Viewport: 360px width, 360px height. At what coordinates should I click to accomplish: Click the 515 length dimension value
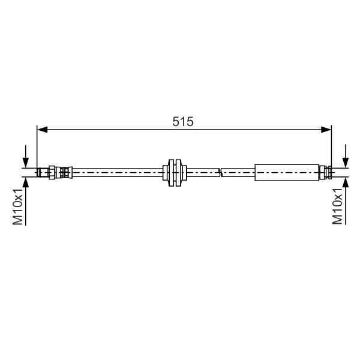183,121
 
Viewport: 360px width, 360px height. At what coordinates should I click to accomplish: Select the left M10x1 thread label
17,206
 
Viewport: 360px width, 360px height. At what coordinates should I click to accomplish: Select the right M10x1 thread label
337,206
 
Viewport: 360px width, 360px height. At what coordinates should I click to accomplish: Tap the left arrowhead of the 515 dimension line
42,130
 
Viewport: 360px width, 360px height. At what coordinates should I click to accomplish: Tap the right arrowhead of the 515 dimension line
326,130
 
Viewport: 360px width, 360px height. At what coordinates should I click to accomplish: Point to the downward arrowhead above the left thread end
25,163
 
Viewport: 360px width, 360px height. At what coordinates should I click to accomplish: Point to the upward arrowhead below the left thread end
25,182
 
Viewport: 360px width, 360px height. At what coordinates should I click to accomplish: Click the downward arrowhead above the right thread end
346,163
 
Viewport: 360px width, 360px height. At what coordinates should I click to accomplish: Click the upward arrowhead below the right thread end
346,182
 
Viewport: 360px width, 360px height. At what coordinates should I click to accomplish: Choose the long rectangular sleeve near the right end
287,172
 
